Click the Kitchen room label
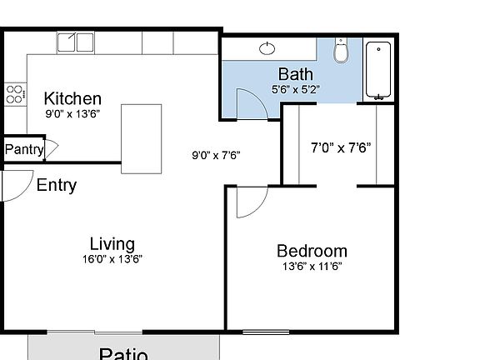pyautogui.click(x=72, y=98)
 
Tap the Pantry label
pyautogui.click(x=24, y=150)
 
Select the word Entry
pyautogui.click(x=57, y=185)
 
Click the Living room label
pyautogui.click(x=112, y=244)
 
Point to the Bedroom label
pyautogui.click(x=312, y=251)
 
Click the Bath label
pyautogui.click(x=296, y=74)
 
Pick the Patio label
pyautogui.click(x=123, y=353)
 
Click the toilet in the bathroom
pyautogui.click(x=340, y=52)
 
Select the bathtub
pyautogui.click(x=379, y=70)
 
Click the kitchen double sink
pyautogui.click(x=76, y=42)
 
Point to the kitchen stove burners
pyautogui.click(x=13, y=94)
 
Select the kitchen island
pyautogui.click(x=141, y=138)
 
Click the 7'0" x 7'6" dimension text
pyautogui.click(x=340, y=148)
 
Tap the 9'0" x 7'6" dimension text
pyautogui.click(x=216, y=154)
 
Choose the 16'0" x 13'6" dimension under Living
pyautogui.click(x=112, y=259)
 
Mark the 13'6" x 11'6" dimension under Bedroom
pyautogui.click(x=312, y=267)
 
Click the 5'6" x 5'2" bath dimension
pyautogui.click(x=295, y=88)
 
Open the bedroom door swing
pyautogui.click(x=248, y=202)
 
